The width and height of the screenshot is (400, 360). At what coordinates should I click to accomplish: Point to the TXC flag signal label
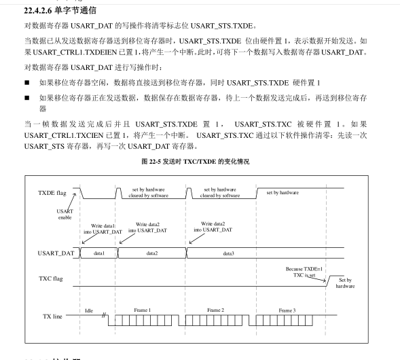(52, 278)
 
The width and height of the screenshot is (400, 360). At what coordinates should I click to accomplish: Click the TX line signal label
(51, 317)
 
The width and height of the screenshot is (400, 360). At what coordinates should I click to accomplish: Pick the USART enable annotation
(65, 214)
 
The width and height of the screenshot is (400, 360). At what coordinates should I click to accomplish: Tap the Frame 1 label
(142, 310)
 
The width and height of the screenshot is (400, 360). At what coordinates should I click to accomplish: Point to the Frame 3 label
(287, 310)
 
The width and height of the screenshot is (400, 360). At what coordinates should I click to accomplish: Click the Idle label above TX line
(89, 310)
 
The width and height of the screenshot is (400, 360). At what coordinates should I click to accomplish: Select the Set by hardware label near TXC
(345, 283)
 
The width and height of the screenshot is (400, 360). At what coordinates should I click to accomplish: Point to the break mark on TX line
(105, 317)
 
